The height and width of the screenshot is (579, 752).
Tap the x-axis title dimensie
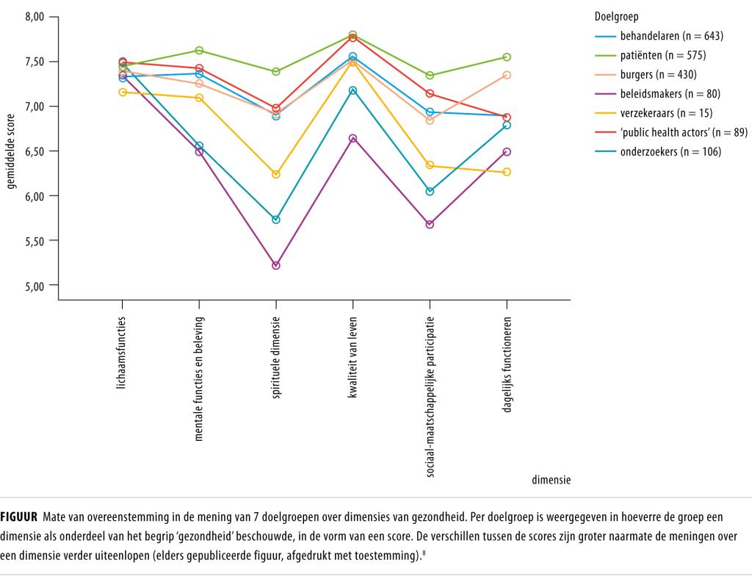[x=551, y=480]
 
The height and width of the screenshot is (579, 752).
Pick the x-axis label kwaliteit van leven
[x=353, y=358]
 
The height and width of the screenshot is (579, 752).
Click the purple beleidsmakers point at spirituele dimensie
[x=276, y=265]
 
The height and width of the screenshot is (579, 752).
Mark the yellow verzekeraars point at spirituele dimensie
[x=276, y=174]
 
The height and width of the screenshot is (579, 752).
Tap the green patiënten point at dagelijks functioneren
[x=507, y=57]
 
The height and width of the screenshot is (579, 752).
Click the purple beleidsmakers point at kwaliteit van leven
[x=353, y=138]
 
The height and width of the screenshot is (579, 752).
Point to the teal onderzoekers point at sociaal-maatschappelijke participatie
[x=430, y=191]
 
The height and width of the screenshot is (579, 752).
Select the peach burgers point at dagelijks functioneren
[x=507, y=75]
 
